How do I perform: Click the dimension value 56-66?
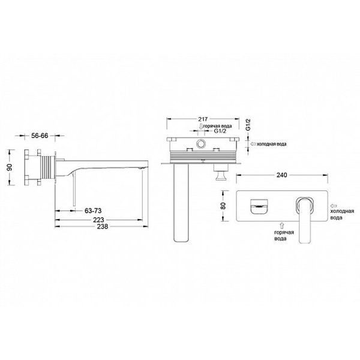coord(40,136)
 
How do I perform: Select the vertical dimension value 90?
coord(10,167)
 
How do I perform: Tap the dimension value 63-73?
coord(93,211)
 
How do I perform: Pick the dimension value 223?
coord(98,220)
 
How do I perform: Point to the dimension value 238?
coord(103,226)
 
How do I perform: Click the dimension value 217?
coord(203,119)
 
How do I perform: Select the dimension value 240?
coord(282,175)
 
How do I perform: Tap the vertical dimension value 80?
coord(223,205)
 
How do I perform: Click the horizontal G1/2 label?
coord(220,131)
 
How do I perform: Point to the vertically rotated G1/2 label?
coord(248,125)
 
